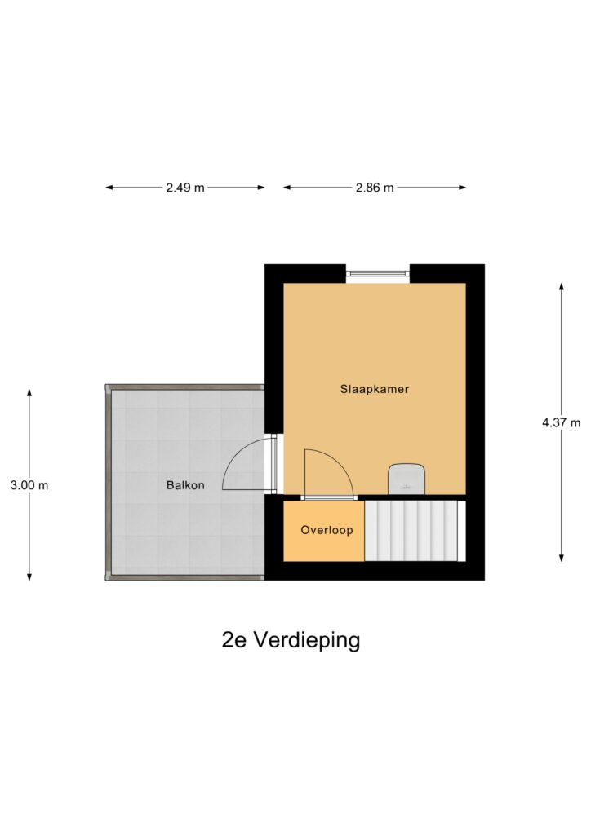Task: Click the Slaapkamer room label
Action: click(x=374, y=389)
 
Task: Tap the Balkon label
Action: click(x=185, y=485)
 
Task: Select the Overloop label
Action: click(x=327, y=530)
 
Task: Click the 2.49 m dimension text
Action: click(x=185, y=188)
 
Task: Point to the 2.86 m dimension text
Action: click(x=375, y=188)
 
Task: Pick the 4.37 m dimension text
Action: click(x=561, y=423)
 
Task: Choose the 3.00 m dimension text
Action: click(x=29, y=485)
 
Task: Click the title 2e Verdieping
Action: click(x=291, y=640)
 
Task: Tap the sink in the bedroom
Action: click(x=407, y=479)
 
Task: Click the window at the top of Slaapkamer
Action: click(x=378, y=274)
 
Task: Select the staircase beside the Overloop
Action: click(x=415, y=531)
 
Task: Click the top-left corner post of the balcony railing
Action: click(x=108, y=387)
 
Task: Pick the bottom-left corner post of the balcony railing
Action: click(x=108, y=577)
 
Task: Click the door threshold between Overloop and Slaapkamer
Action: click(x=329, y=498)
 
